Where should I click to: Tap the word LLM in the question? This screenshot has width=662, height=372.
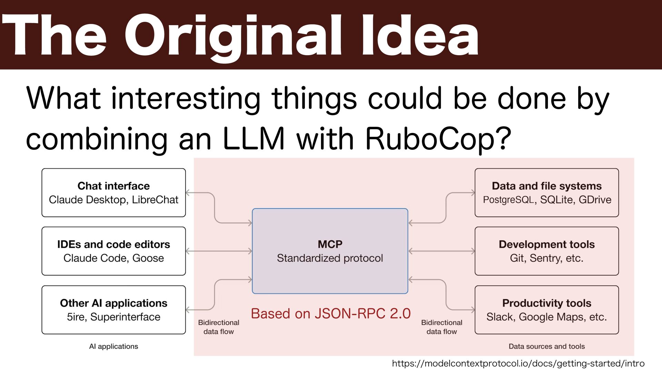[254, 138]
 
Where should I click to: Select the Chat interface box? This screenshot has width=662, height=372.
[113, 193]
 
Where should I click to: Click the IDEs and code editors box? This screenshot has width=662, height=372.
[113, 251]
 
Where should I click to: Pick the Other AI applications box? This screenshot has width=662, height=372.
[113, 310]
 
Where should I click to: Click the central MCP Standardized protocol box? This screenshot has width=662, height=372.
[330, 251]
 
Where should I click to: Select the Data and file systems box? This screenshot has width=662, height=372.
[546, 193]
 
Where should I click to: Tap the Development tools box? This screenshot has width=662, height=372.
[546, 251]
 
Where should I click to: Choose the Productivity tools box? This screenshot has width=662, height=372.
[546, 310]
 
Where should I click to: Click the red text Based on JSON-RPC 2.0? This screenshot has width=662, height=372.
[331, 313]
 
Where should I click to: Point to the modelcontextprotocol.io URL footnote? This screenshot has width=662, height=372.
[518, 363]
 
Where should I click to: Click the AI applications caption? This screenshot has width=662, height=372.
[113, 346]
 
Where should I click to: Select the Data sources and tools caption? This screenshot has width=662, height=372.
[546, 346]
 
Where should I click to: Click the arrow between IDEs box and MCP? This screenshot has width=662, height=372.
[219, 251]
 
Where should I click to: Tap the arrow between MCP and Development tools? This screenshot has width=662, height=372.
[441, 251]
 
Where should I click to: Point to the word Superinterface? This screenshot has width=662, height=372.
[125, 317]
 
